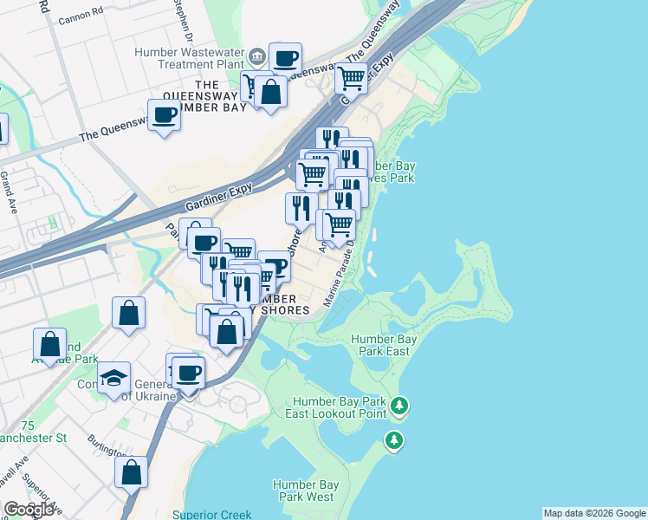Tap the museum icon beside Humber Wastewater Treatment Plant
(257, 57)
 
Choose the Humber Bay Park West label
(303, 491)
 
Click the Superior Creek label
(211, 515)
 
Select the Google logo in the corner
(29, 510)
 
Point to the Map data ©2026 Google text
(594, 513)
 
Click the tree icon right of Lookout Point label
(399, 405)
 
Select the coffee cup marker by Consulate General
(189, 373)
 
